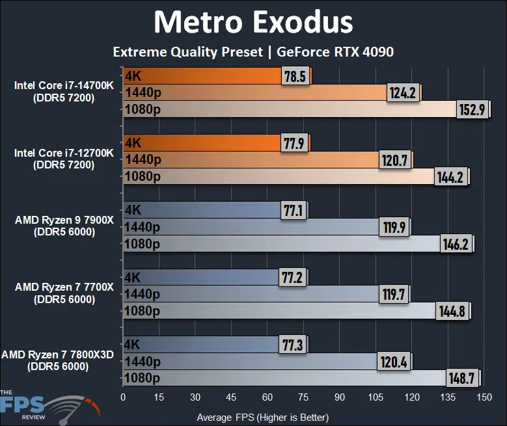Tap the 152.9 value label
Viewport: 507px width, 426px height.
coord(473,109)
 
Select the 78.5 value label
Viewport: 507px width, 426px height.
coord(295,76)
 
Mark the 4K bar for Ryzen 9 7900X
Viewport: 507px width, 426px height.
coord(202,209)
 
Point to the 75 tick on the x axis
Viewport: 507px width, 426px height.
coord(303,397)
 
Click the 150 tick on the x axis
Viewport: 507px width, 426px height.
coord(483,397)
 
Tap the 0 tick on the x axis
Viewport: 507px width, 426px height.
coord(123,397)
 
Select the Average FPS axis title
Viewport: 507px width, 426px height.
coord(262,417)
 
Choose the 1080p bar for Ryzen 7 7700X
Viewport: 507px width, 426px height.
coord(280,311)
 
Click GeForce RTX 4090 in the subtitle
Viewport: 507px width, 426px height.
coord(335,51)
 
